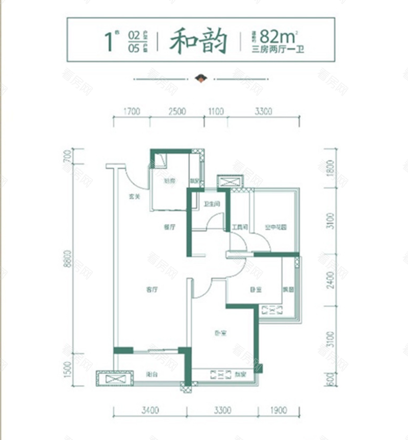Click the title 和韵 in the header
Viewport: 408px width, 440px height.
coord(198,41)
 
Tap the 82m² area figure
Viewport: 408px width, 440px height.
coord(277,37)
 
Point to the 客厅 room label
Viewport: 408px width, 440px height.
coord(150,289)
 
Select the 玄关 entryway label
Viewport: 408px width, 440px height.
coord(134,197)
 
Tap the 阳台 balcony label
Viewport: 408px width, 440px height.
coord(150,373)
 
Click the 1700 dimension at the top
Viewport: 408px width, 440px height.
coord(132,111)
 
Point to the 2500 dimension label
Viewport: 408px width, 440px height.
coord(176,111)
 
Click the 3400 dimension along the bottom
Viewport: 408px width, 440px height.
coord(150,410)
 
